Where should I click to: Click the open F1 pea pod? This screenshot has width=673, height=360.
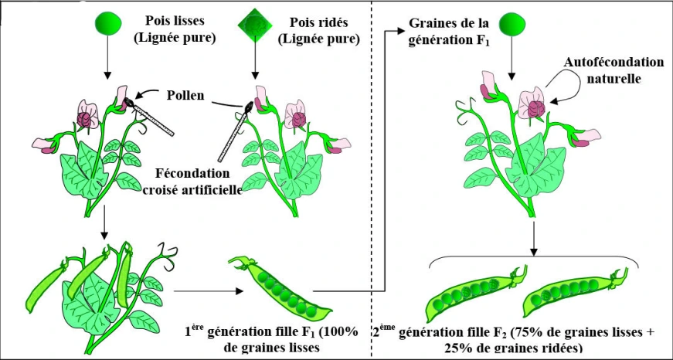pos(280,287)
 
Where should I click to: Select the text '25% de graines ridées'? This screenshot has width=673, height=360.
pos(514,348)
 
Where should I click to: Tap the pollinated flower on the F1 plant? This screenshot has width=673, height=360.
pos(532,105)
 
